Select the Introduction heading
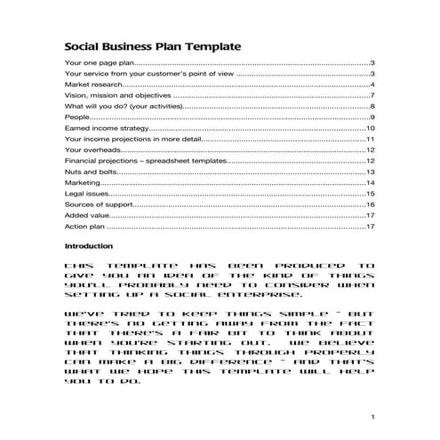pyautogui.click(x=89, y=245)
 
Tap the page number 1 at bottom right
pyautogui.click(x=374, y=417)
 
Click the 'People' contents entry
pyautogui.click(x=77, y=117)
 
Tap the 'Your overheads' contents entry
pyautogui.click(x=92, y=149)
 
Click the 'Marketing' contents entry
pyautogui.click(x=84, y=182)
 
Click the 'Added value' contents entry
pyautogui.click(x=87, y=215)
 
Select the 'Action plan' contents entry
pyautogui.click(x=85, y=227)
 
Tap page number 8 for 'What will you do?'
pyautogui.click(x=372, y=107)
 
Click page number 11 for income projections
pyautogui.click(x=371, y=139)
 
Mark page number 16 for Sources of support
pyautogui.click(x=371, y=204)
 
